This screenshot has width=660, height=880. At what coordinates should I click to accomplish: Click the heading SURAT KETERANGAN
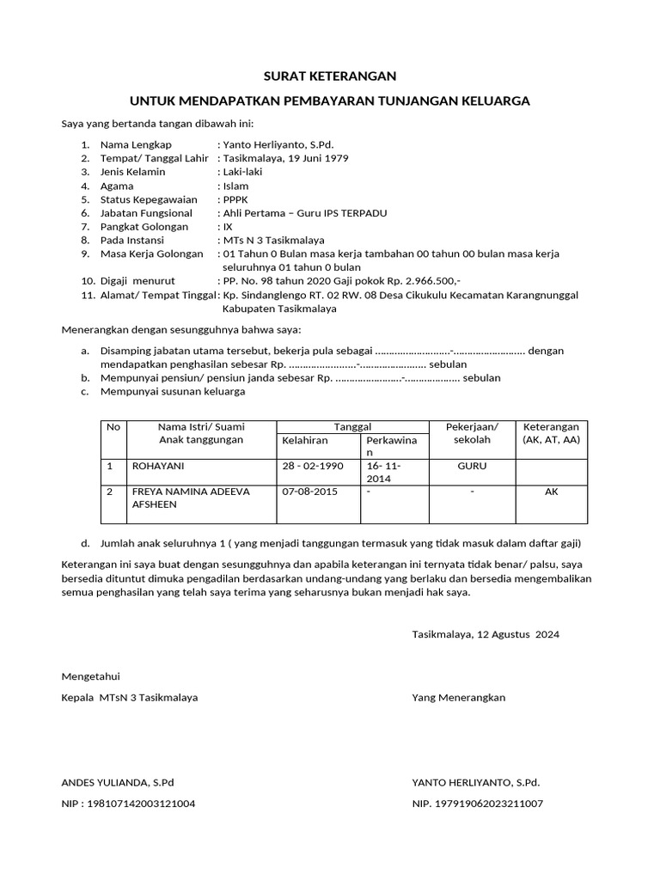(330, 76)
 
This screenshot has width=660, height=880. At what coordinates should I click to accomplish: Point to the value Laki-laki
(243, 172)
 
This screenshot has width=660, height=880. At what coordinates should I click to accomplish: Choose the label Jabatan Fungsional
(146, 213)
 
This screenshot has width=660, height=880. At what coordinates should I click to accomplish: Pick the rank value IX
(228, 227)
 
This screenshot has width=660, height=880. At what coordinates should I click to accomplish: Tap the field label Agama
(117, 186)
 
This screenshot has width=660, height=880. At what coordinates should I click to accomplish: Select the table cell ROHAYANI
(158, 466)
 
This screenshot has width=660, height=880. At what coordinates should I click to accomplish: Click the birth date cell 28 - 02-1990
(312, 466)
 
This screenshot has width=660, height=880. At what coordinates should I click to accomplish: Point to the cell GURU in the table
(473, 466)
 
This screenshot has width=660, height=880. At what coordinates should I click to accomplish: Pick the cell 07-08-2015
(309, 492)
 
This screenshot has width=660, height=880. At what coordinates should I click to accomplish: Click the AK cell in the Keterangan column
(551, 492)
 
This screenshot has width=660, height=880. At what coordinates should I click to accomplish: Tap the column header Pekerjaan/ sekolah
(473, 433)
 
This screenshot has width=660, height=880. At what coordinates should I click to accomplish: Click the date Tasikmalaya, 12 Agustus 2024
(486, 634)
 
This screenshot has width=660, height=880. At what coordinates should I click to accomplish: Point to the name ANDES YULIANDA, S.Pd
(118, 783)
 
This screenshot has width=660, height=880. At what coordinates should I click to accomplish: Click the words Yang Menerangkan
(459, 697)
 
